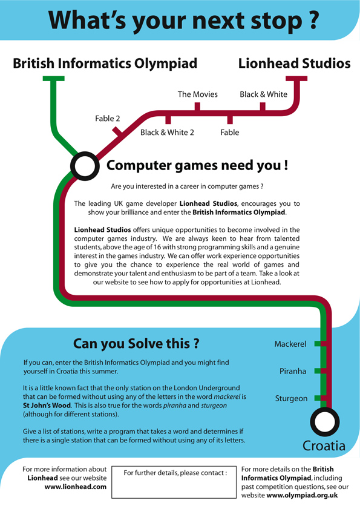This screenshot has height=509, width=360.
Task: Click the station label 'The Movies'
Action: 197,94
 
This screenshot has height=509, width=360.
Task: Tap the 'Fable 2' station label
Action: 108,119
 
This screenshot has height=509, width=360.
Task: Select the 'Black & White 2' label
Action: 167,133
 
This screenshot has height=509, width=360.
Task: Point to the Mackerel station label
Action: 290,344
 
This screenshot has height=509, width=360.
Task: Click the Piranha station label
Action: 293,371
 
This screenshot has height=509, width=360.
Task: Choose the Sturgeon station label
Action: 291,398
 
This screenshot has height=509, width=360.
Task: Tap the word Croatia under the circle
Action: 324,445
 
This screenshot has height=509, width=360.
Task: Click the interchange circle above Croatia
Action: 325,409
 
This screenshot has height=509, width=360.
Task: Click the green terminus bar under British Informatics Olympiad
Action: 54,79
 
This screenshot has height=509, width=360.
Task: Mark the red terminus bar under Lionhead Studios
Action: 296,79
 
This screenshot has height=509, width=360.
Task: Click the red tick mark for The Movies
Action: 197,107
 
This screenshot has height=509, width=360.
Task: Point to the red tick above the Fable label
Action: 230,119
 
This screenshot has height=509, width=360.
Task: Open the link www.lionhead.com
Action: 75,487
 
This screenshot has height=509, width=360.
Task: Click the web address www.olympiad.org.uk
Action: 302,495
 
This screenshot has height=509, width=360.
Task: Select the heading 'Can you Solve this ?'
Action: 136,343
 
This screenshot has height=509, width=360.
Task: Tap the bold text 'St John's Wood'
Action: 47,406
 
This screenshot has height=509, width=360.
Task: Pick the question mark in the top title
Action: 312,19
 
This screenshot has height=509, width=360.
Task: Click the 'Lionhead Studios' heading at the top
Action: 295,64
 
